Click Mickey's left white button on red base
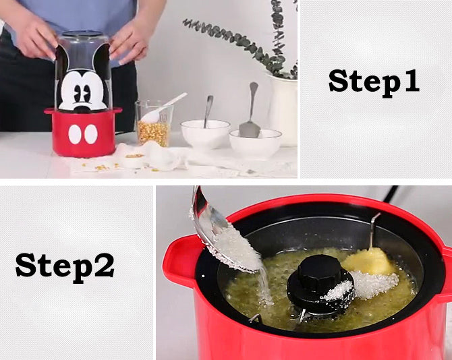[75, 135]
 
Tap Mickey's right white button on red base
[91, 134]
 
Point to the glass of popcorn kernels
[152, 123]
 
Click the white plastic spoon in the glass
[163, 107]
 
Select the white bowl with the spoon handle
[205, 134]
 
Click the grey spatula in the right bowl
[250, 111]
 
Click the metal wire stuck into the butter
[374, 231]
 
